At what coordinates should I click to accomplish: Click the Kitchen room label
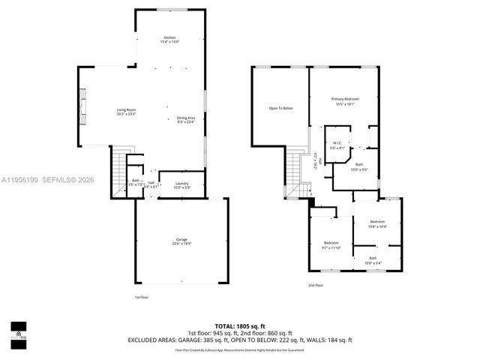(170, 40)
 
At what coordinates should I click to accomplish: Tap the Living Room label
(125, 113)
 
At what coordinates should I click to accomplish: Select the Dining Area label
(185, 119)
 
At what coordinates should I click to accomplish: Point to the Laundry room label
(181, 185)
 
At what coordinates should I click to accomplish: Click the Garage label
(181, 241)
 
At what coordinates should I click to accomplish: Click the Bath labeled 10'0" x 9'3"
(359, 166)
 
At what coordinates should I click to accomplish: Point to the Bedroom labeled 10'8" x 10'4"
(377, 223)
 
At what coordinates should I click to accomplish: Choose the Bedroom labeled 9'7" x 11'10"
(331, 244)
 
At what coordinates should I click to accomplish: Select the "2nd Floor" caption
(316, 286)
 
